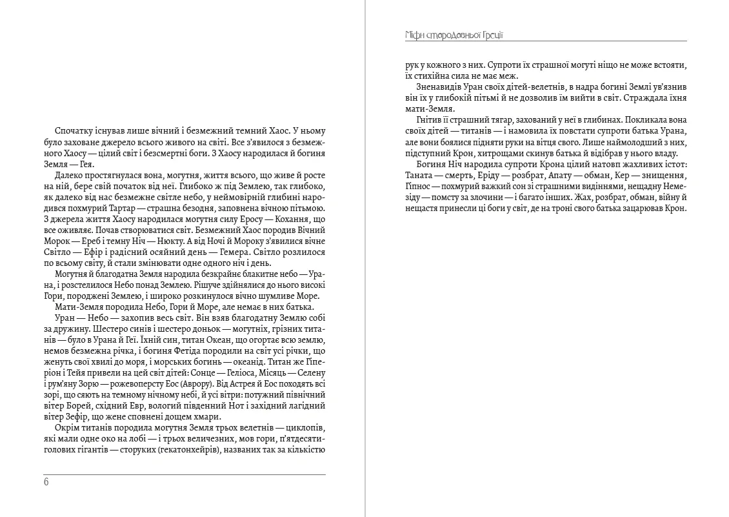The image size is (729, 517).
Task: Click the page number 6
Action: (x=46, y=482)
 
